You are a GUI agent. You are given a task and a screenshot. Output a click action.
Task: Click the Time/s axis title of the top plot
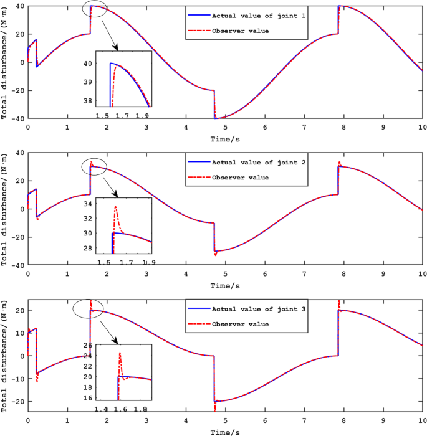[x=224, y=138]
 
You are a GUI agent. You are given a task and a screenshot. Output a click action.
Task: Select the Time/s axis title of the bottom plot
[x=224, y=431]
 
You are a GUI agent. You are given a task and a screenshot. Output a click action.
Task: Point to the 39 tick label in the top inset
[x=88, y=82]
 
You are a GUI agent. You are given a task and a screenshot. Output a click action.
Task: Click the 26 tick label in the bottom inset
[x=87, y=345]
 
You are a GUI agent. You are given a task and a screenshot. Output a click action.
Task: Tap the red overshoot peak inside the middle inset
[x=116, y=207]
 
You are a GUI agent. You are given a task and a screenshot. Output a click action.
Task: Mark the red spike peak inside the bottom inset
[x=120, y=353]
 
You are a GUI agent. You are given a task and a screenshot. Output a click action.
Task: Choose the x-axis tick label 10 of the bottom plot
[x=421, y=420]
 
